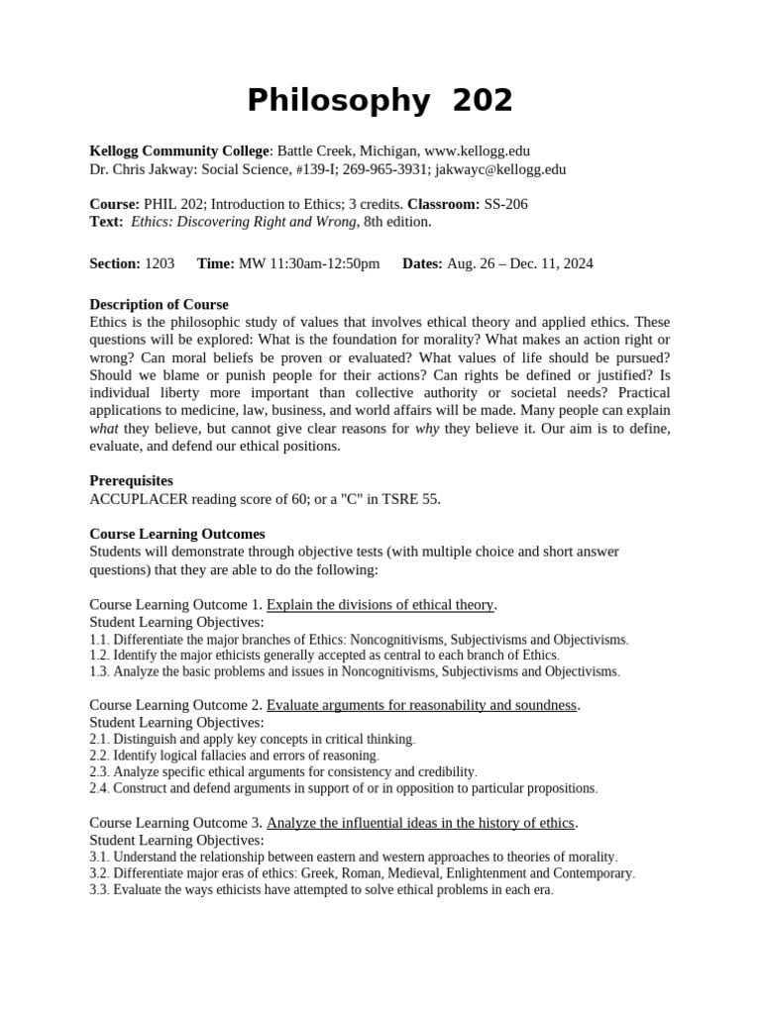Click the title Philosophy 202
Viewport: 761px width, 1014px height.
[x=380, y=100]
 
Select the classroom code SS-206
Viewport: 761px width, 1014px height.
[x=505, y=204]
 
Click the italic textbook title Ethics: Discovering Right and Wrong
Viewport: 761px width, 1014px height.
[x=243, y=222]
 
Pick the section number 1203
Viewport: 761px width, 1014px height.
[x=160, y=263]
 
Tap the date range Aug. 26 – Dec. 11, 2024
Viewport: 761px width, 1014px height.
[x=519, y=263]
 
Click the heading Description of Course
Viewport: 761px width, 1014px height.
[x=159, y=304]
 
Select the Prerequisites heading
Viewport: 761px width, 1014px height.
[x=131, y=480]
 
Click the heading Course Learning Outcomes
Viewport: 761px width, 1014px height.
[x=177, y=534]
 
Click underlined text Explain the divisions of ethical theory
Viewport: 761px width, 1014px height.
[x=380, y=604]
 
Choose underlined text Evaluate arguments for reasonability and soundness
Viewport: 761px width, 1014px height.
[x=421, y=705]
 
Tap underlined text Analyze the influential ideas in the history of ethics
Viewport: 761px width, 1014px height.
[x=420, y=823]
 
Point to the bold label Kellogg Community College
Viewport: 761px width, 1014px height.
[x=178, y=151]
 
